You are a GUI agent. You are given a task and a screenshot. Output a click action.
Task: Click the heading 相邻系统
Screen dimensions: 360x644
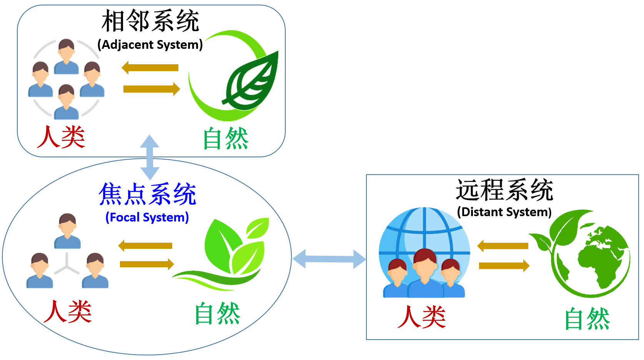[x=150, y=21]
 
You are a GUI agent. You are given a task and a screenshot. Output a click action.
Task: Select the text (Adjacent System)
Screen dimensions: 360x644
[x=150, y=45]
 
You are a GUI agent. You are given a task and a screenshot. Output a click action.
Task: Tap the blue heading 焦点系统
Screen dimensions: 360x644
[x=147, y=194]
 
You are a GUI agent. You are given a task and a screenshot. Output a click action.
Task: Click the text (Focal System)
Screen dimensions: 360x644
[x=147, y=218]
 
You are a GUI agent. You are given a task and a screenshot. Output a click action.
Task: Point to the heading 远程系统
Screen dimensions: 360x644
[x=504, y=190]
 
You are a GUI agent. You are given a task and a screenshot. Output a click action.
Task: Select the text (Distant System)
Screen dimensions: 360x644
[x=504, y=212]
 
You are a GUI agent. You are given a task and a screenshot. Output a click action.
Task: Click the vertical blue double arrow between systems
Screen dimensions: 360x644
[x=150, y=157]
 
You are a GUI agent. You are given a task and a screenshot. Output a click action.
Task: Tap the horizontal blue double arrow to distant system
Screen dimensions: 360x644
[x=329, y=259]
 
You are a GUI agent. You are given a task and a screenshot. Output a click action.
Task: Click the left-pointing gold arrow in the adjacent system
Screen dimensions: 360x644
[x=150, y=68]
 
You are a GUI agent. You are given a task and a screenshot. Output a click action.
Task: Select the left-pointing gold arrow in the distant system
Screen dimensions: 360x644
[x=503, y=246]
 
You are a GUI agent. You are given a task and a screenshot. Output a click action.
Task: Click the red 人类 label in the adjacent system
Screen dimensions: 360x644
[x=61, y=137]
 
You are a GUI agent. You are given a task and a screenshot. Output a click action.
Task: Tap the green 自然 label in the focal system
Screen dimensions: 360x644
[x=217, y=313]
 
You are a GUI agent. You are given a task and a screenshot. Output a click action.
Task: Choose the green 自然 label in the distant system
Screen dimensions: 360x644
[x=587, y=318]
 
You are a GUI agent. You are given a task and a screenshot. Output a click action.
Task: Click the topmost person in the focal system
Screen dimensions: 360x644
[x=68, y=231]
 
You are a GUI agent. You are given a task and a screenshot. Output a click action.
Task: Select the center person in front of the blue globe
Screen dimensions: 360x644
[x=425, y=273]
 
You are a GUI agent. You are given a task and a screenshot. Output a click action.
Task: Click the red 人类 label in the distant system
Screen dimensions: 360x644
[x=422, y=317]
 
